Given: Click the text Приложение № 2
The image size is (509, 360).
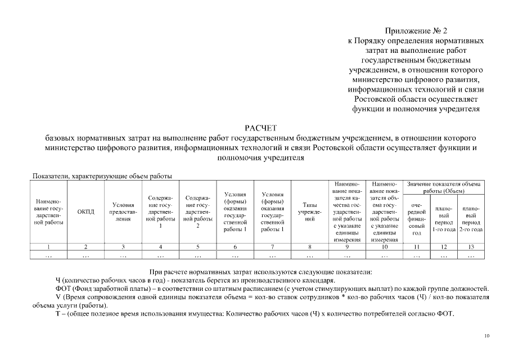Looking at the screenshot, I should point(416,30).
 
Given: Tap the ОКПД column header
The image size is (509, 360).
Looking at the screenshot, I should point(85,211).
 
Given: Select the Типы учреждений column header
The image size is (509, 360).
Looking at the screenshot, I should point(309,211).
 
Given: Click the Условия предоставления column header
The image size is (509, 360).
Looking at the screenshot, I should point(123,211).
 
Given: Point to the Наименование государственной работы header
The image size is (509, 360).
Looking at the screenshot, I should point(48,211).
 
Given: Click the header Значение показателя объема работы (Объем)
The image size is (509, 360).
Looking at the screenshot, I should point(444,187).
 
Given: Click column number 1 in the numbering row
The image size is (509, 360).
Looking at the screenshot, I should point(48,246).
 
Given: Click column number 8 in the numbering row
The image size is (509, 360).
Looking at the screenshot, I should point(309,246).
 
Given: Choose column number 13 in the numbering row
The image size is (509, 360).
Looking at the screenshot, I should point(471,246).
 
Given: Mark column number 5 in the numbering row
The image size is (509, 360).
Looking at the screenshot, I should point(197,246).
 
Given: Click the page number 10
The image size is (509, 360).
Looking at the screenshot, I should point(487,336).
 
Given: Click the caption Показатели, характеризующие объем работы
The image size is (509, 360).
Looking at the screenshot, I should point(102,176).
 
